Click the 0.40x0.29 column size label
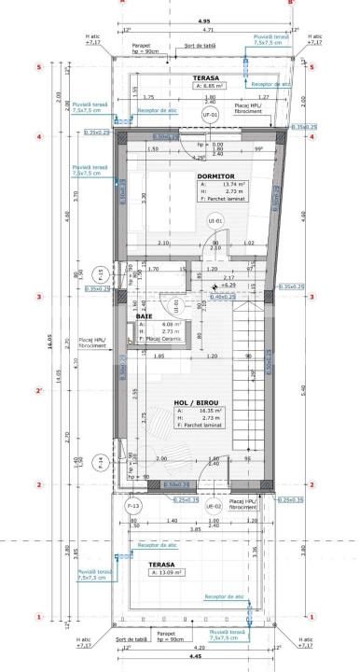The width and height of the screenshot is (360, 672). [x=222, y=297]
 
